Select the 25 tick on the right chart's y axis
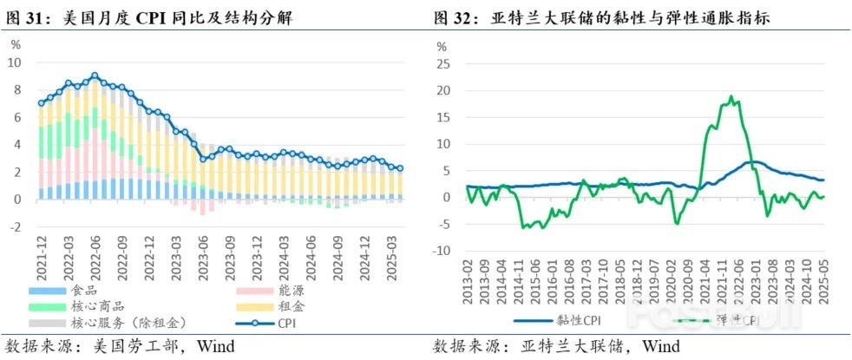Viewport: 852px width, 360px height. pyautogui.click(x=445, y=63)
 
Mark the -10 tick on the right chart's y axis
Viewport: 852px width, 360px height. pyautogui.click(x=443, y=251)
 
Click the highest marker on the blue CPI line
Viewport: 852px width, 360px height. pyautogui.click(x=95, y=75)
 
